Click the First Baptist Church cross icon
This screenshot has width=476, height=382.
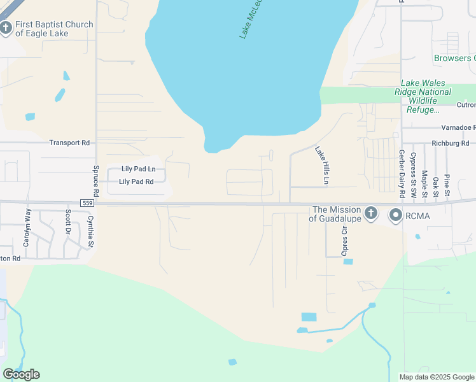[6, 27]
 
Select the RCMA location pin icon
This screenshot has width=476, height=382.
[396, 215]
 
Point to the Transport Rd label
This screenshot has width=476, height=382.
[69, 143]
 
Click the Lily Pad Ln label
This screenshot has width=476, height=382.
[138, 169]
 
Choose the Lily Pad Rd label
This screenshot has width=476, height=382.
[136, 181]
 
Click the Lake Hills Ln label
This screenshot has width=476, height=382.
[322, 166]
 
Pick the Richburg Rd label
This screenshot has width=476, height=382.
[449, 143]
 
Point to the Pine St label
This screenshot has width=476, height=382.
[447, 184]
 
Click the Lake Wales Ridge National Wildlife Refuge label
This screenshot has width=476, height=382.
[432, 96]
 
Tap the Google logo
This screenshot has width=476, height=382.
[21, 374]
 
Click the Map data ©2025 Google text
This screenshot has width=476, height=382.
[437, 377]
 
